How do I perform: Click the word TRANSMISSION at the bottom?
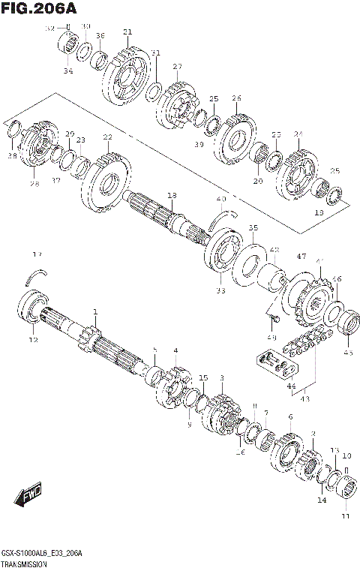pos(25,563)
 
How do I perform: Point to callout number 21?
pos(127,32)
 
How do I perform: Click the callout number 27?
pos(177,67)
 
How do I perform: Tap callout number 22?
pos(108,137)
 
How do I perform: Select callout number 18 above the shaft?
pos(172,195)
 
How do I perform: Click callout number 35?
pos(253,227)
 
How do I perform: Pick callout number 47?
pos(301,257)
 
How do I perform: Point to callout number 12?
pos(32,340)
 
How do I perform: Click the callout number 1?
pos(95,311)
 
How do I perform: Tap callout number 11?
pos(346,516)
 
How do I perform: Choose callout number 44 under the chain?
pos(290,387)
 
